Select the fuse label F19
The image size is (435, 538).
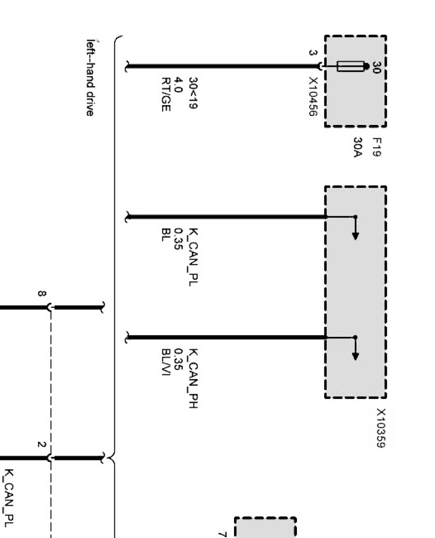pos(377,147)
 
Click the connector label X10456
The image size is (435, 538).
pos(313,95)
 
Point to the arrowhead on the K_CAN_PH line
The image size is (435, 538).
pos(355,355)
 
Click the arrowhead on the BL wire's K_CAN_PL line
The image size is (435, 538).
pos(355,235)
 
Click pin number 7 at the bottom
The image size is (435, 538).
pos(222,534)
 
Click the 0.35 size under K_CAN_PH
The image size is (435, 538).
pos(179,358)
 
